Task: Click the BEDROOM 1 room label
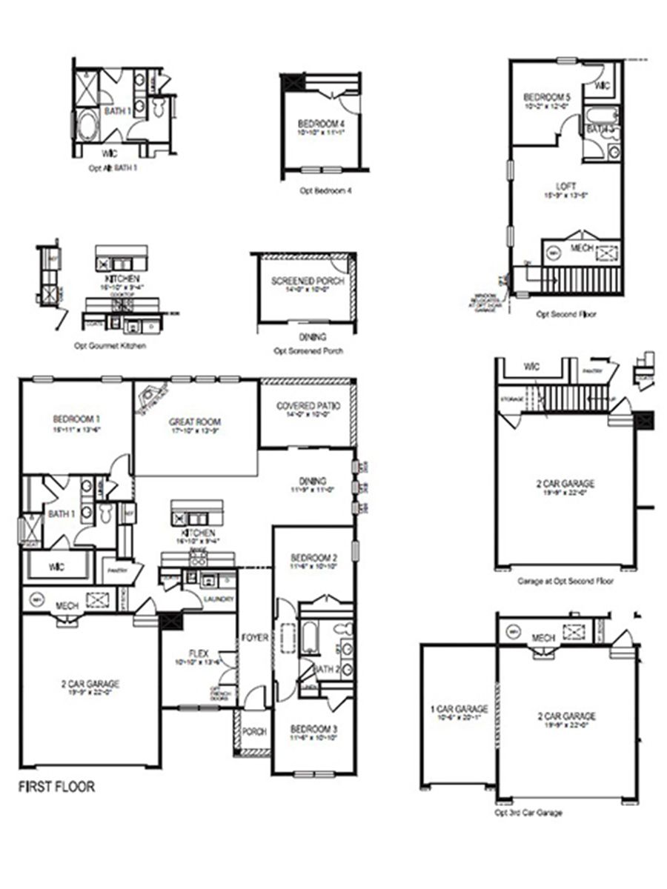click(x=76, y=418)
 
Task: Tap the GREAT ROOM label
click(x=196, y=422)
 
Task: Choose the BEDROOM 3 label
click(x=313, y=729)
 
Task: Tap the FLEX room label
click(x=198, y=653)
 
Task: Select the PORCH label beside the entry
click(x=254, y=732)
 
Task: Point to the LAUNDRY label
click(x=221, y=599)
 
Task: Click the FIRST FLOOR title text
click(x=56, y=787)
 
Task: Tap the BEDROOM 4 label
click(x=321, y=123)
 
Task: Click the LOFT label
click(x=566, y=186)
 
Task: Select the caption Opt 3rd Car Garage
click(x=528, y=813)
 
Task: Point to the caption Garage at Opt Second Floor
click(x=565, y=582)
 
